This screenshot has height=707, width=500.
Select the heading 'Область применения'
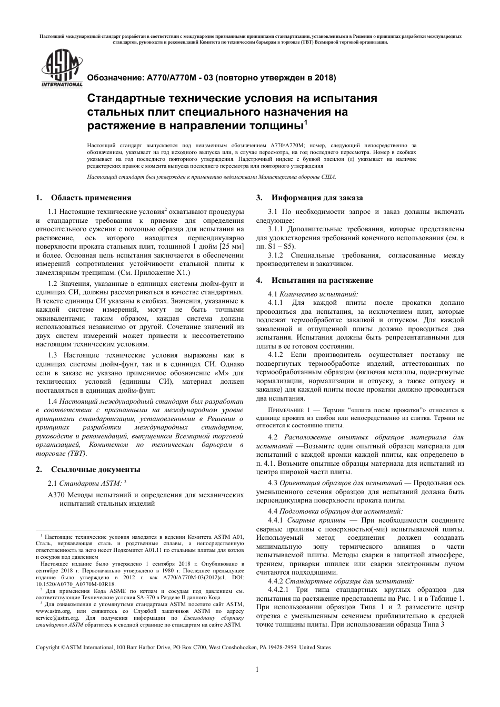(91, 198)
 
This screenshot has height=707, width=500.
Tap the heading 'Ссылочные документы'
(95, 469)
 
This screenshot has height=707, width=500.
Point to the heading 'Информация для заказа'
(317, 198)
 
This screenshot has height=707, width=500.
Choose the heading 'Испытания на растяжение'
(322, 280)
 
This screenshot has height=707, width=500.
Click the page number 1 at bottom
(256, 669)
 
